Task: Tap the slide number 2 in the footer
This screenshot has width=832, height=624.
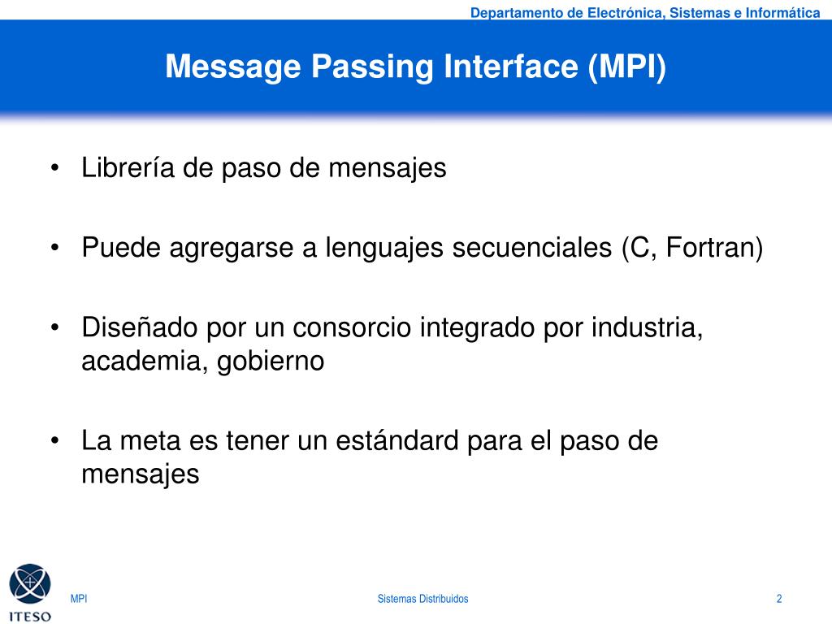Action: [x=779, y=599]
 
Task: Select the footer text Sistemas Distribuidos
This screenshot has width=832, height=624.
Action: [x=422, y=599]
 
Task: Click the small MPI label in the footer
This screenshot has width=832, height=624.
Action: [x=79, y=599]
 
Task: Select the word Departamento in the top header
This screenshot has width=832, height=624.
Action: [x=516, y=12]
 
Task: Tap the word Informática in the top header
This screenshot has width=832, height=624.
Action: [x=782, y=12]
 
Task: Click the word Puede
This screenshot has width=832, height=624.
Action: [x=122, y=248]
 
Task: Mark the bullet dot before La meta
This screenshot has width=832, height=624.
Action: [x=54, y=442]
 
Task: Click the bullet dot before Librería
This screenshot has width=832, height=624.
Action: [x=54, y=169]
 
